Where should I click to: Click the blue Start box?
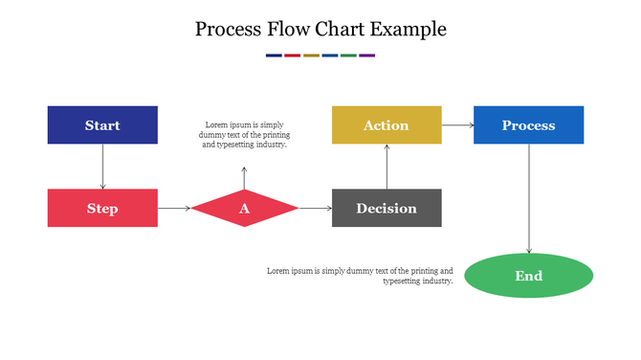[x=102, y=125]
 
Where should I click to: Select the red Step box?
[x=102, y=208]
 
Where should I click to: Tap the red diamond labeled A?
[x=244, y=208]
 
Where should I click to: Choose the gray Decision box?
[x=387, y=208]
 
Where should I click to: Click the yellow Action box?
[x=387, y=125]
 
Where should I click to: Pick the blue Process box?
[x=528, y=125]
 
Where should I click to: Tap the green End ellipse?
[x=528, y=276]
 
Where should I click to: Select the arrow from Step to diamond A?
[x=174, y=208]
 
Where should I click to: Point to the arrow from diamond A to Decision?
[x=315, y=208]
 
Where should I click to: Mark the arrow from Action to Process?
[x=457, y=125]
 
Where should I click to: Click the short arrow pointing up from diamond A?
[x=244, y=177]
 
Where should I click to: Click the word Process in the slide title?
[x=227, y=30]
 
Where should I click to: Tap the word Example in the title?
[x=409, y=30]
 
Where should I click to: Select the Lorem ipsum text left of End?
[x=360, y=276]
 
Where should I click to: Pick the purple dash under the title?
[x=367, y=56]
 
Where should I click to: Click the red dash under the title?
[x=293, y=56]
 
